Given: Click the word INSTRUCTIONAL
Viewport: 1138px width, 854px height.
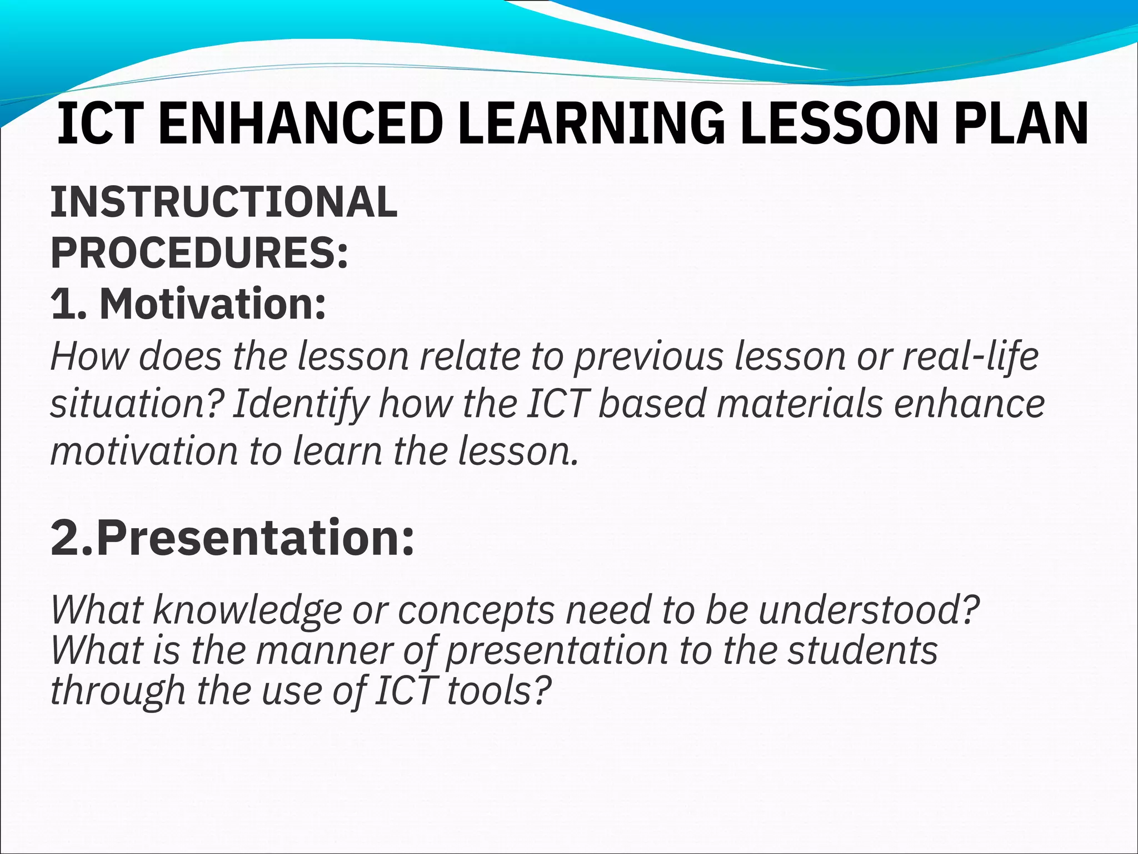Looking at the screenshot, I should pyautogui.click(x=224, y=202).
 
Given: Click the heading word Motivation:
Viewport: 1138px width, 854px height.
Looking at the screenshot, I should pyautogui.click(x=213, y=304).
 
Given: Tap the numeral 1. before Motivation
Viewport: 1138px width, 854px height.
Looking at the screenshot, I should pyautogui.click(x=68, y=304).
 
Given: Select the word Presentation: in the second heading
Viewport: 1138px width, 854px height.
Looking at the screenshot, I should pyautogui.click(x=255, y=538).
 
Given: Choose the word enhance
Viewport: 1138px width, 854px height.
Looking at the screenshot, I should pyautogui.click(x=969, y=404).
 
